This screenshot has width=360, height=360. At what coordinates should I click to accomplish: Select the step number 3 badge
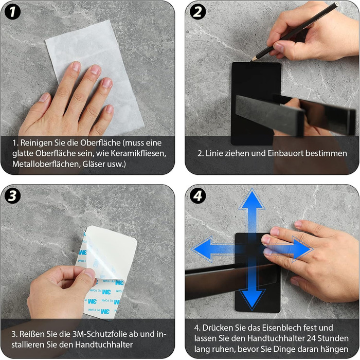pos(12,196)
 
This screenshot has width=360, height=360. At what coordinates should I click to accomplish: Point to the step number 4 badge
pos(197,196)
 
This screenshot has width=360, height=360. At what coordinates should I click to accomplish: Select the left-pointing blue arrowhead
pos(202,249)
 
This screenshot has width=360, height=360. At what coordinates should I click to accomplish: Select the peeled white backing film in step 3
pos(110,250)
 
